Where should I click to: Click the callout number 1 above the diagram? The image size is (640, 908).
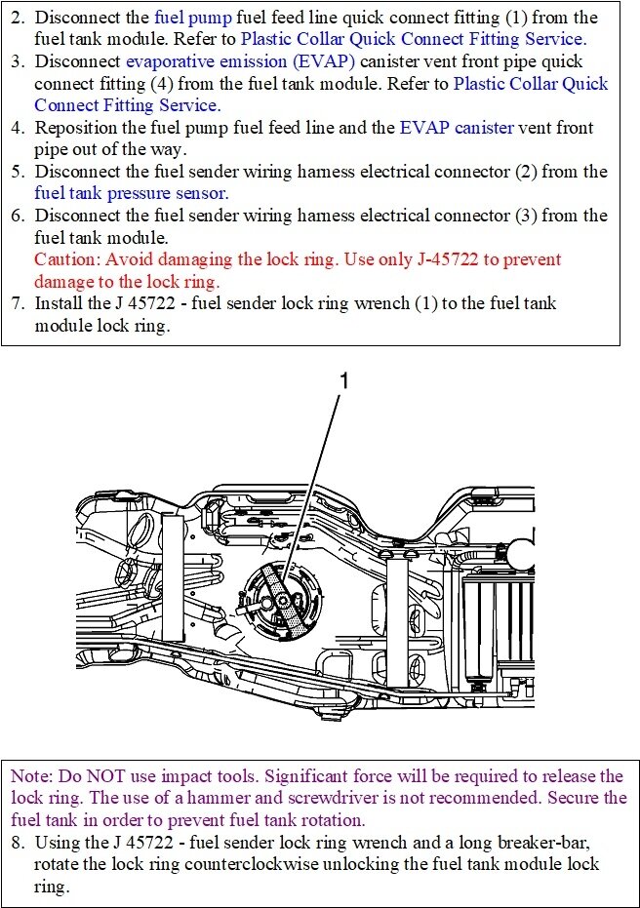point(343,382)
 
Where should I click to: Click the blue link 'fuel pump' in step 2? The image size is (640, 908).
point(185,18)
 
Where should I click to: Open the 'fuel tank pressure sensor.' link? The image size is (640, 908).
point(132,193)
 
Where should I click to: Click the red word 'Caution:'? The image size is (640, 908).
point(67,259)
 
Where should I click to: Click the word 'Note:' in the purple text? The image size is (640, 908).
point(32,776)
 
